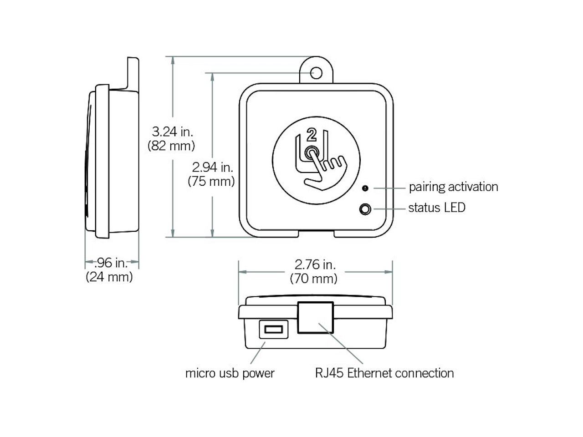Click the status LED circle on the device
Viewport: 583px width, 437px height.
coord(365,209)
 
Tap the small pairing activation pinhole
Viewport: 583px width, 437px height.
coord(365,188)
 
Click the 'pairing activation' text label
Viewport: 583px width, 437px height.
coord(453,187)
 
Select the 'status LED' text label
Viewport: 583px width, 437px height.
coord(437,208)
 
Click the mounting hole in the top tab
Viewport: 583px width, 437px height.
coord(316,73)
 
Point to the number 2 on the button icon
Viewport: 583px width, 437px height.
coord(312,135)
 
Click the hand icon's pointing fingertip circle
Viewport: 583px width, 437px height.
coord(312,153)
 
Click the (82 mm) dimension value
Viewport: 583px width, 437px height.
coord(171,146)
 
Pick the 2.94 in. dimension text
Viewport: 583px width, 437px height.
coord(212,167)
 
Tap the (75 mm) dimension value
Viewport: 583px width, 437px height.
coord(211,181)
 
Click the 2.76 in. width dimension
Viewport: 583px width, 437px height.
coord(315,264)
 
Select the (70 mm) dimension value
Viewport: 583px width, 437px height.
coord(314,278)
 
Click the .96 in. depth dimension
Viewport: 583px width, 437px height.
coord(111,263)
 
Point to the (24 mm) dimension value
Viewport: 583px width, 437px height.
coord(109,276)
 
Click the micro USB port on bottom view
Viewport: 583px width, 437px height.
coord(273,329)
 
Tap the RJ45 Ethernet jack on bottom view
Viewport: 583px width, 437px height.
coord(315,317)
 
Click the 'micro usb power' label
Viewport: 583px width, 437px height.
coord(230,373)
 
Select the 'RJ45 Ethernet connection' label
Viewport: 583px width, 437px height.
coord(384,373)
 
